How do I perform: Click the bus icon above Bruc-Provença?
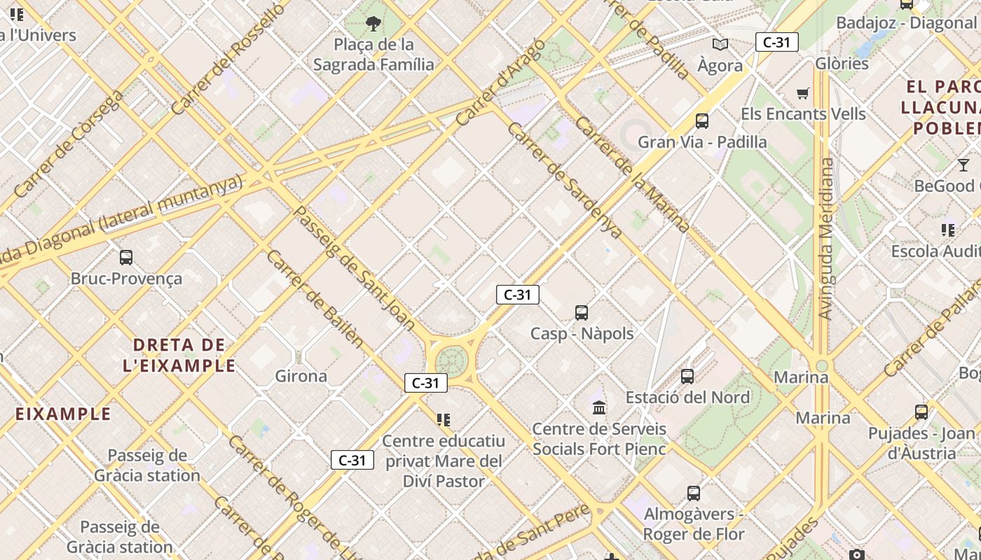pos(126,258)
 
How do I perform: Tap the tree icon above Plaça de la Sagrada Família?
pos(373,24)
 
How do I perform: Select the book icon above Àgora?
pos(720,45)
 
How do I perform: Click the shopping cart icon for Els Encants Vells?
pos(803,93)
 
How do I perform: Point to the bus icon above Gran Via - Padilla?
pos(702,121)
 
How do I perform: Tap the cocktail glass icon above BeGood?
pos(963,165)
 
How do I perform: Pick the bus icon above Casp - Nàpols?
pos(582,313)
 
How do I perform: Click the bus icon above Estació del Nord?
pos(687,377)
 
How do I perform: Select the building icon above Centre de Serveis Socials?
pos(599,407)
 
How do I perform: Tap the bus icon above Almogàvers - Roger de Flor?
pos(694,493)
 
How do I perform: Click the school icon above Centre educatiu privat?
pos(444,420)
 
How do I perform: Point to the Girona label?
pos(301,377)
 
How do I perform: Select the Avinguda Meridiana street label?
pos(828,238)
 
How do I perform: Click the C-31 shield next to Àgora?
pos(776,42)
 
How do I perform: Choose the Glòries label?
pos(842,64)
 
